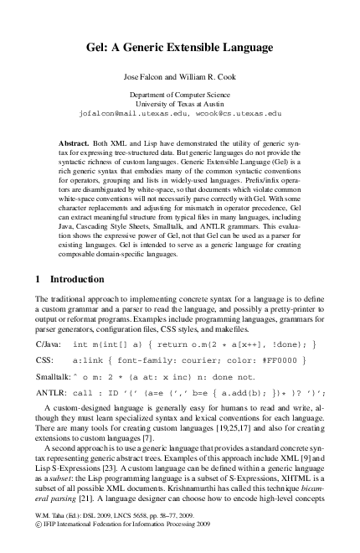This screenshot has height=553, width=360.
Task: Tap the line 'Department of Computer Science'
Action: pos(180,95)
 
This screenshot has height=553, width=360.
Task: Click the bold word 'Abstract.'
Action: pos(81,134)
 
